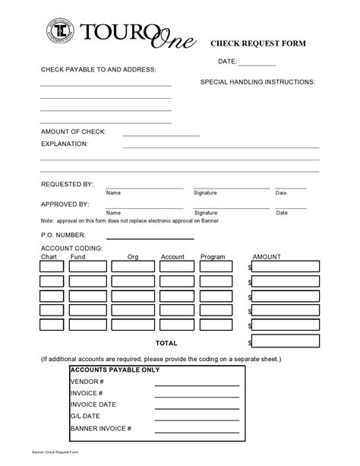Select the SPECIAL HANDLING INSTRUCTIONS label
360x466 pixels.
[257, 81]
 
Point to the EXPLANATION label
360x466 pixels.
[64, 143]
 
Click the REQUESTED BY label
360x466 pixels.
[67, 185]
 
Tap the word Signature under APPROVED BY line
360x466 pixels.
[205, 213]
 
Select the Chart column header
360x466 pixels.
[49, 257]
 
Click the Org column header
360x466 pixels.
[133, 257]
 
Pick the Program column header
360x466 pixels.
[213, 257]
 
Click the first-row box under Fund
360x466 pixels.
[87, 266]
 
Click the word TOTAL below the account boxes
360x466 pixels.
[166, 344]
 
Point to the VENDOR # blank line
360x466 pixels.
[196, 382]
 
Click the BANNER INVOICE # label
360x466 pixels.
[101, 429]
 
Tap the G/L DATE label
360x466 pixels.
[87, 417]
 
